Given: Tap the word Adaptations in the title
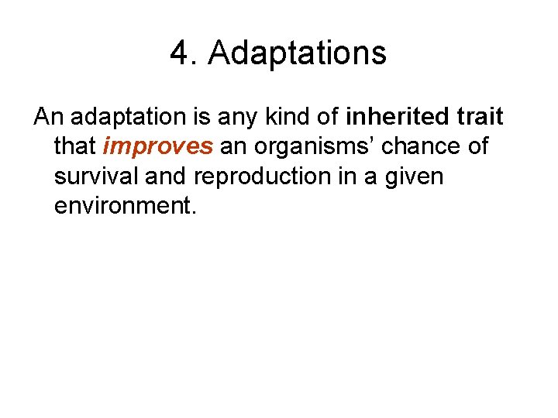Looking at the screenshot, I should point(297,54).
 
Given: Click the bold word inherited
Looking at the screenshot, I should point(396,117).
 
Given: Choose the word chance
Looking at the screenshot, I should point(423,146).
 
